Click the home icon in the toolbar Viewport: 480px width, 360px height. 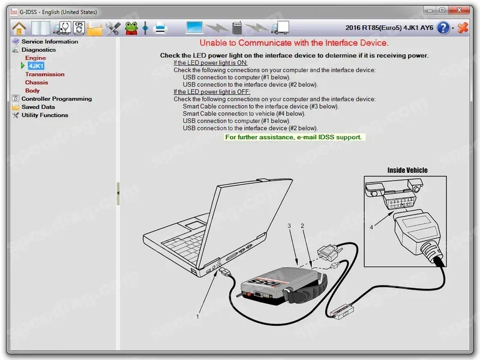pos(19,28)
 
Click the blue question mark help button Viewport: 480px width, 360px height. pos(443,28)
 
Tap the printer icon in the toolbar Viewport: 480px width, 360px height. pos(161,28)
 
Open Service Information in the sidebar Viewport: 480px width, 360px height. pos(50,41)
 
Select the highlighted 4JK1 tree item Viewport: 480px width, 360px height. pos(36,66)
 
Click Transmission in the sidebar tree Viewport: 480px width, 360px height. pos(44,74)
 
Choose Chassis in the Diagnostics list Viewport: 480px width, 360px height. pos(37,83)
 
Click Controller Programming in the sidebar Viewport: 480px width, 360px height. pos(56,99)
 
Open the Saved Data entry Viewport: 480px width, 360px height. pos(38,107)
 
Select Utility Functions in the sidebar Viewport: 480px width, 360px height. pos(44,115)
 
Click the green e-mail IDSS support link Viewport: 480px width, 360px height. pos(293,137)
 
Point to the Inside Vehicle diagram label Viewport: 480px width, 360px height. pos(407,170)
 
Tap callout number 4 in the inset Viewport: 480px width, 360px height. pos(371,227)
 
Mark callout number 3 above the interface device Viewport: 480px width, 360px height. pos(289,226)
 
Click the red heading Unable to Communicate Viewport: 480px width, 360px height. pos(294,43)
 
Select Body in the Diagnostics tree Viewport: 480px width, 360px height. pos(32,91)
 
